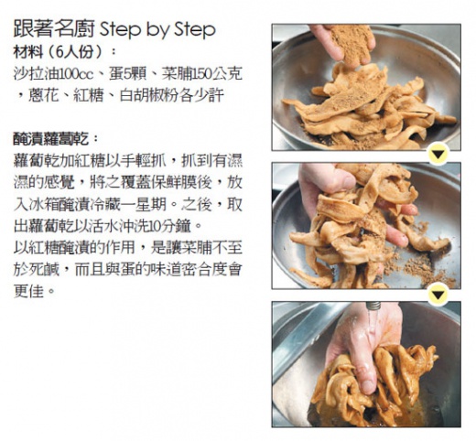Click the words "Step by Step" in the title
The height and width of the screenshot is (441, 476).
pyautogui.click(x=157, y=30)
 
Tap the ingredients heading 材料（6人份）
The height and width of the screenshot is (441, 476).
pyautogui.click(x=58, y=52)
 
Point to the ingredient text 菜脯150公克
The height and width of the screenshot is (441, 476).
pyautogui.click(x=202, y=73)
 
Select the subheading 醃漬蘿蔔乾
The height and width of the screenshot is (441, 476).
pyautogui.click(x=51, y=139)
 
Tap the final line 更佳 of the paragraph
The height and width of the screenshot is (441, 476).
pyautogui.click(x=28, y=291)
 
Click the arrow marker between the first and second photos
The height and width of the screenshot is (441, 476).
pyautogui.click(x=438, y=154)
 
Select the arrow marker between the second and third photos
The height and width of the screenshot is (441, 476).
pyautogui.click(x=438, y=295)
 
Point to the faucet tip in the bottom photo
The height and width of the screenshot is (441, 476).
pyautogui.click(x=373, y=307)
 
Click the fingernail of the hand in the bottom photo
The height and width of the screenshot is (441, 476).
pyautogui.click(x=368, y=387)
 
